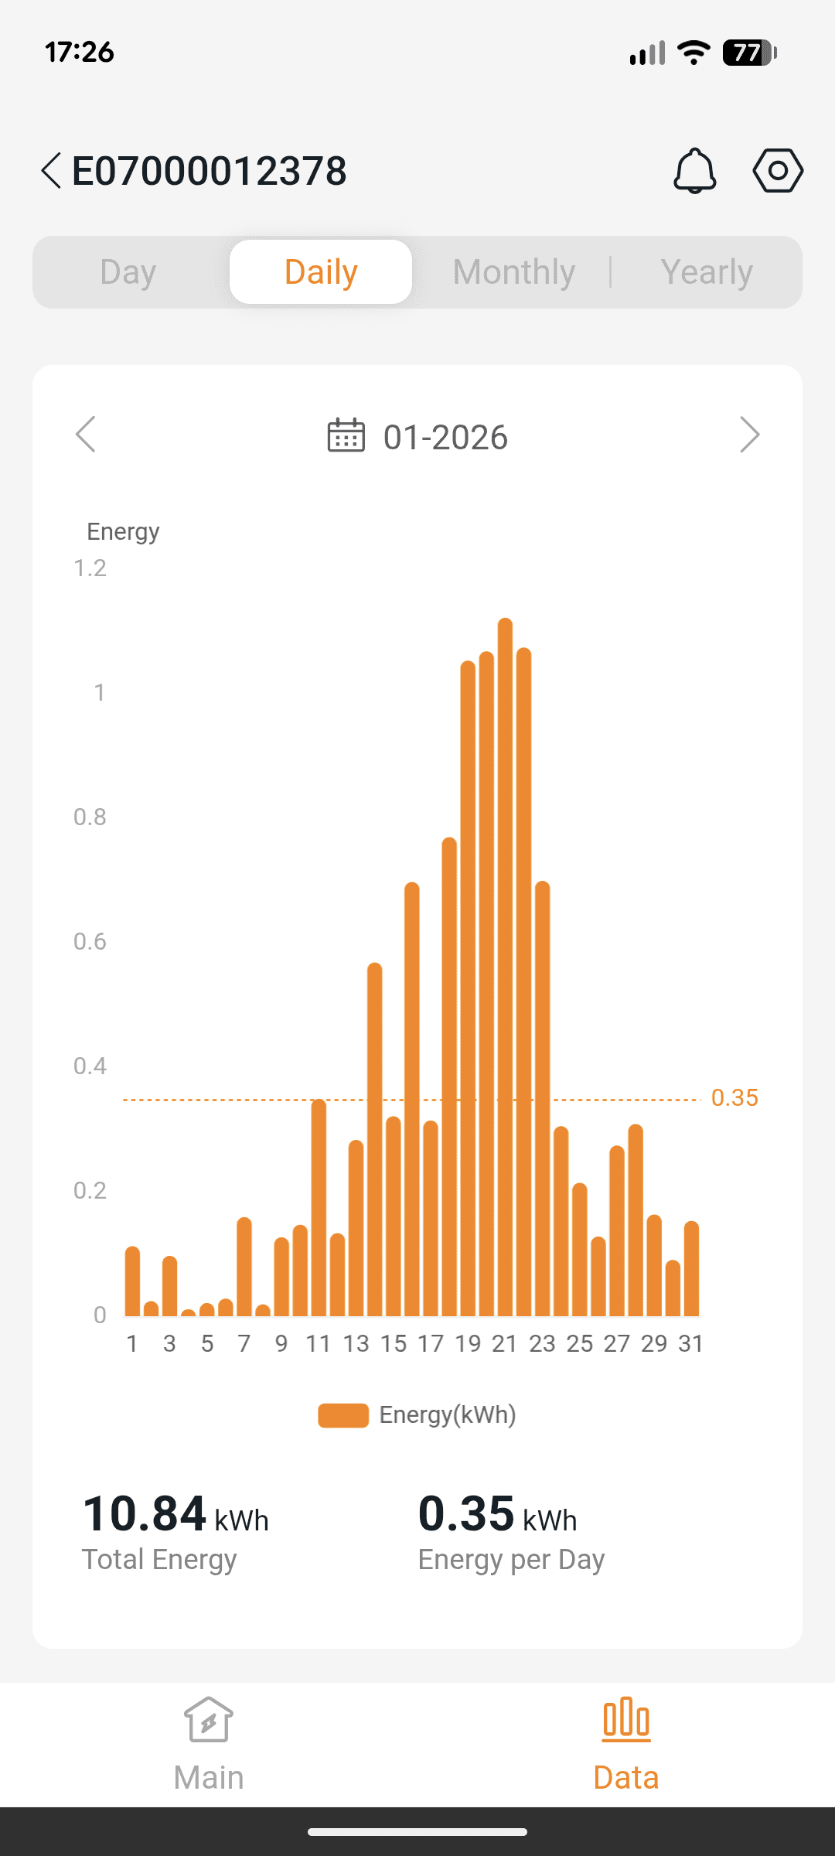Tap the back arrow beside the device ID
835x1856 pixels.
pyautogui.click(x=51, y=170)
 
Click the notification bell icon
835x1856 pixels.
pyautogui.click(x=695, y=170)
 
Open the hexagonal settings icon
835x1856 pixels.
pyautogui.click(x=778, y=170)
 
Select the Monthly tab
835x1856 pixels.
pyautogui.click(x=514, y=272)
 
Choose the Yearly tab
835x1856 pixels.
pyautogui.click(x=707, y=272)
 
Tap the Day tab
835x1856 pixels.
pyautogui.click(x=128, y=272)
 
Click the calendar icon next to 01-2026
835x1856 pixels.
pyautogui.click(x=346, y=435)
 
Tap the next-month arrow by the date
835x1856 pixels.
pyautogui.click(x=749, y=435)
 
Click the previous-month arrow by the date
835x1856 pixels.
pyautogui.click(x=86, y=435)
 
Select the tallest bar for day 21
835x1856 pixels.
pyautogui.click(x=505, y=967)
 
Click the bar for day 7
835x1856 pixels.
pyautogui.click(x=244, y=1268)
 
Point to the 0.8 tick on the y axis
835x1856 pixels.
pyautogui.click(x=90, y=817)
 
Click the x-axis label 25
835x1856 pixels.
pyautogui.click(x=579, y=1344)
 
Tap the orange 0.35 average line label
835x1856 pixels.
pyautogui.click(x=734, y=1098)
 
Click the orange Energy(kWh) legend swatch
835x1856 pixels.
pyautogui.click(x=343, y=1415)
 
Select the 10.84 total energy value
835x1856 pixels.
pyautogui.click(x=145, y=1513)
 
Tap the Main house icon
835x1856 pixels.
pyautogui.click(x=209, y=1720)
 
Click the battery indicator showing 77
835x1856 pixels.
pyautogui.click(x=748, y=53)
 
